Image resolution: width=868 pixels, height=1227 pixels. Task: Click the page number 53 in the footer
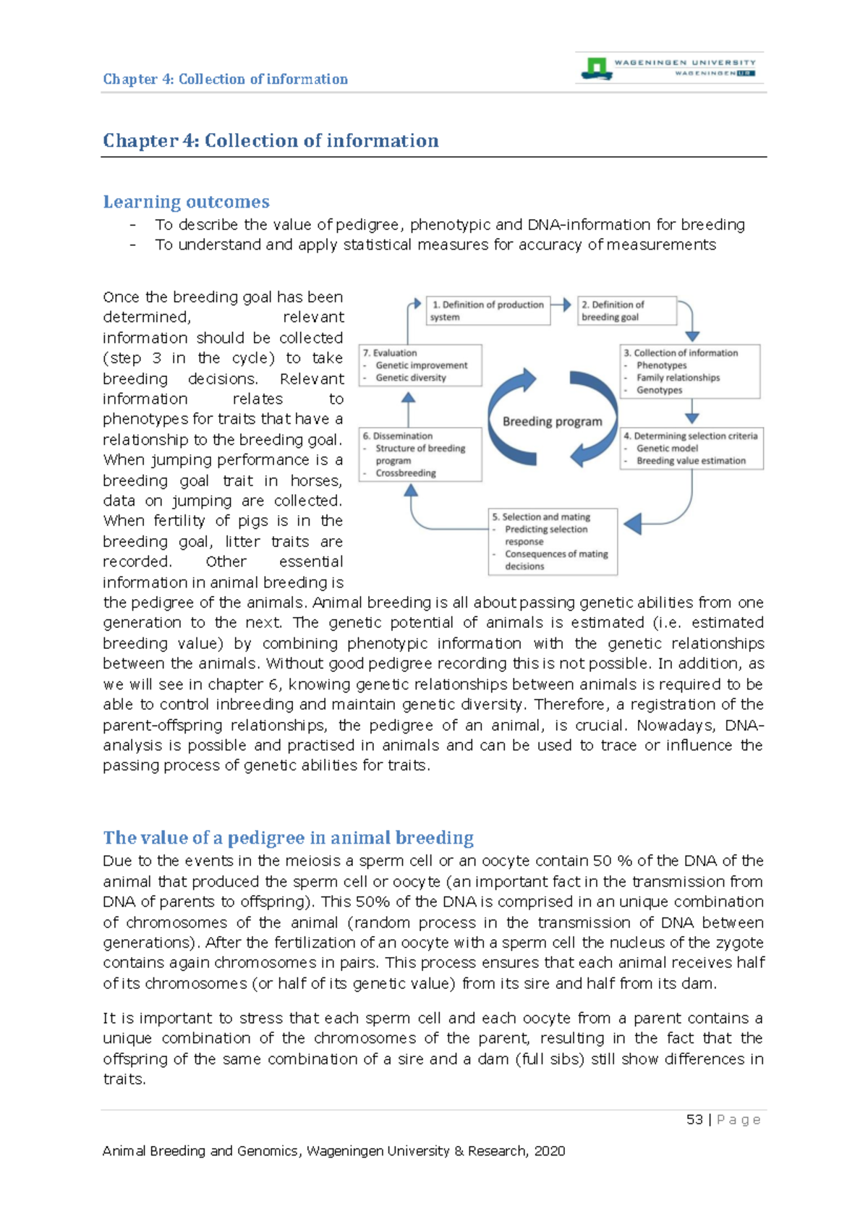[x=694, y=1120]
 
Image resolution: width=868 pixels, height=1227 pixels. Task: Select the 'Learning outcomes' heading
[x=186, y=202]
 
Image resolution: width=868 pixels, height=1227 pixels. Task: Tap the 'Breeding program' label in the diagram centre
[x=552, y=421]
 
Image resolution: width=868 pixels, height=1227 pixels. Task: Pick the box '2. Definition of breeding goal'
[x=626, y=310]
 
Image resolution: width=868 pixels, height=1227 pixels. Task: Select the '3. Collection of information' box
[x=690, y=371]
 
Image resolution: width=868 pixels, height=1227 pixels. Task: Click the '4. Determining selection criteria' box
[x=691, y=448]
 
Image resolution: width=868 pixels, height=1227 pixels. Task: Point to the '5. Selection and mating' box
[x=553, y=541]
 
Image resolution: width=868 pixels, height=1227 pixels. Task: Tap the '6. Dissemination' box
[x=420, y=454]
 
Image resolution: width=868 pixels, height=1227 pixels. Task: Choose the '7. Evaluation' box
[x=420, y=365]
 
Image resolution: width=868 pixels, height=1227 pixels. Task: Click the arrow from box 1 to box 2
[x=563, y=305]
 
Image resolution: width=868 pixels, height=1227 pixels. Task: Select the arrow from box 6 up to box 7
[x=408, y=409]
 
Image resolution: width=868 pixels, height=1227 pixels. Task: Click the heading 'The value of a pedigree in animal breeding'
[x=288, y=838]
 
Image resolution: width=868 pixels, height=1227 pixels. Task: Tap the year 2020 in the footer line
[x=550, y=1151]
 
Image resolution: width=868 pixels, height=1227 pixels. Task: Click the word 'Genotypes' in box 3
[x=659, y=390]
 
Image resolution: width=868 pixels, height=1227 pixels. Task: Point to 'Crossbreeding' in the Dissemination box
[x=405, y=473]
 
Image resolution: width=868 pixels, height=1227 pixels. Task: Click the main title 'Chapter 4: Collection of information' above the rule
[x=271, y=140]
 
